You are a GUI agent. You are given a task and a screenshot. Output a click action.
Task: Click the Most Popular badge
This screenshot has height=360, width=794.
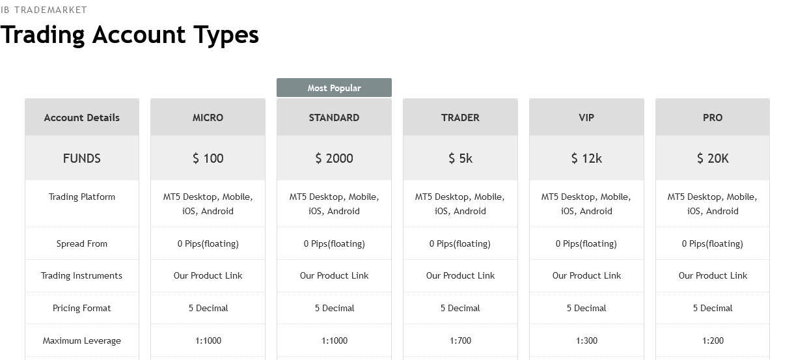click(334, 88)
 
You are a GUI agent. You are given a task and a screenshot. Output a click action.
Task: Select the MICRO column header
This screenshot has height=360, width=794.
click(208, 117)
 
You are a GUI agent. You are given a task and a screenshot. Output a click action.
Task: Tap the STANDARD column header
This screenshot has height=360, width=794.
click(334, 117)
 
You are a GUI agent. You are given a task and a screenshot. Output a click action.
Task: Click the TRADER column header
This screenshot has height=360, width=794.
click(460, 117)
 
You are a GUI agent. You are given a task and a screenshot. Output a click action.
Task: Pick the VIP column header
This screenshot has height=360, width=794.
click(586, 117)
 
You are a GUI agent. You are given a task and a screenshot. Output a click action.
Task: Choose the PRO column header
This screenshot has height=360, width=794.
click(713, 117)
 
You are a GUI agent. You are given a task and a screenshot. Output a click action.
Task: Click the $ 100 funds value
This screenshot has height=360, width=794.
click(208, 158)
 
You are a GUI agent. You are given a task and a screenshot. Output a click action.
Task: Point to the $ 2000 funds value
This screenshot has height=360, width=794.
click(334, 158)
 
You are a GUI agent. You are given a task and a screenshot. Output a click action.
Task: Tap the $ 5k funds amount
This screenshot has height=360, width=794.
click(460, 158)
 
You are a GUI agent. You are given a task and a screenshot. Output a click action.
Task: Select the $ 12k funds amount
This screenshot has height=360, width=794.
click(586, 158)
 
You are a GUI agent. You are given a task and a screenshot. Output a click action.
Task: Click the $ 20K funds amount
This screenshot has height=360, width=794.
click(713, 158)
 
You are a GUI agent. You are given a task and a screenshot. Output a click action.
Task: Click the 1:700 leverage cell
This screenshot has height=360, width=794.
click(460, 340)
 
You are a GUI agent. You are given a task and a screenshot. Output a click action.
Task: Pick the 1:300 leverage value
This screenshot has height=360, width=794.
click(586, 340)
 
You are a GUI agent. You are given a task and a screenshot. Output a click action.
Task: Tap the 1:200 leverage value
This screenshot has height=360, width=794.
click(713, 340)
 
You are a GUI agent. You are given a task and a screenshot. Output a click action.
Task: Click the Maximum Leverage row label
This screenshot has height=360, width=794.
click(81, 341)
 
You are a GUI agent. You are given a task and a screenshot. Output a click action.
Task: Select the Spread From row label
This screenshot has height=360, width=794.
click(81, 243)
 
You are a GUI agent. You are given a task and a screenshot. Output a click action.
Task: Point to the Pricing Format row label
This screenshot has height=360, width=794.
click(81, 308)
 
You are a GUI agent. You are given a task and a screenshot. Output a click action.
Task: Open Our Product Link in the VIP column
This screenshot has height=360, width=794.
click(586, 275)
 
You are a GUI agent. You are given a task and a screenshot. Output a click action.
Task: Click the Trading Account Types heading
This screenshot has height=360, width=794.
click(130, 35)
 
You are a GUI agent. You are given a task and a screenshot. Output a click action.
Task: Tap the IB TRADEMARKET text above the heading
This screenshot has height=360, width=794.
click(44, 10)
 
